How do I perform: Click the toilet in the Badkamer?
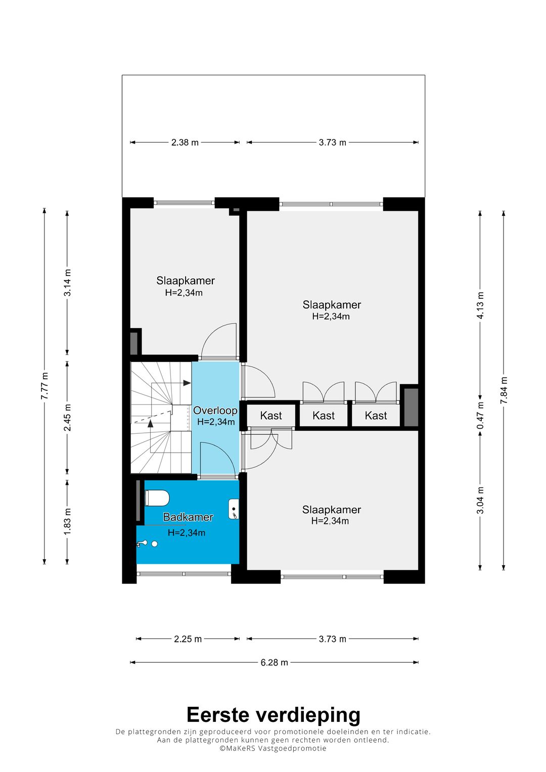click(157, 498)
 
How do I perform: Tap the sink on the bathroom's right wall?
click(234, 509)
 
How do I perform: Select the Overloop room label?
click(215, 410)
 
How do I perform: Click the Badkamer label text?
click(188, 517)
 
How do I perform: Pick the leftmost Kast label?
click(271, 416)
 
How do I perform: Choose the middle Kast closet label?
click(324, 416)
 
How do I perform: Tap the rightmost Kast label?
click(376, 416)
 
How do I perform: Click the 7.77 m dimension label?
click(44, 386)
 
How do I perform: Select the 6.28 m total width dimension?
click(274, 662)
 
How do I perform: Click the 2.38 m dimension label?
click(185, 143)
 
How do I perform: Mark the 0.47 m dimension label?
click(480, 416)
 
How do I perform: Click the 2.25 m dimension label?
click(188, 639)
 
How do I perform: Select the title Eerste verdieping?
click(274, 714)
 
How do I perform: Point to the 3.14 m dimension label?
click(67, 283)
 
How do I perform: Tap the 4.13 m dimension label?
click(480, 306)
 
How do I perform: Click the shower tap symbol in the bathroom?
click(142, 544)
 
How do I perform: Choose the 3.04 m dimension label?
click(480, 500)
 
